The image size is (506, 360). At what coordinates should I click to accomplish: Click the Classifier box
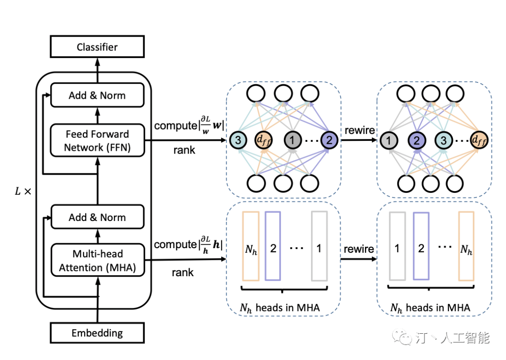[97, 47]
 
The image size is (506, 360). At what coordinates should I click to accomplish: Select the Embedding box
[97, 332]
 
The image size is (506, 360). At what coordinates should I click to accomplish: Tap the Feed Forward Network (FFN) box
[97, 140]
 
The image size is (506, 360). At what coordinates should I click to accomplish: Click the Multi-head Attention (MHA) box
[97, 260]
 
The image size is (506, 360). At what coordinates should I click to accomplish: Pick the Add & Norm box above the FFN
[97, 95]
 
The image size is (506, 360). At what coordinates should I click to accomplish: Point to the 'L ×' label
[23, 191]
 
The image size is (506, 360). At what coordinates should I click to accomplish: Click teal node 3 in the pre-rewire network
[238, 140]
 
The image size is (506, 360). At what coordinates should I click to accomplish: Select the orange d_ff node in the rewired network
[479, 140]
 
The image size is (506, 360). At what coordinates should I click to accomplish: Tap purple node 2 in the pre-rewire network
[329, 140]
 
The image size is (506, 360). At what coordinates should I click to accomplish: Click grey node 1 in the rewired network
[388, 140]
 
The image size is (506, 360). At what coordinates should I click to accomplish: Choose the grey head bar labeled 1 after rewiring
[397, 246]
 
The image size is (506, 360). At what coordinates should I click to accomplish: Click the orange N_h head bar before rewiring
[251, 246]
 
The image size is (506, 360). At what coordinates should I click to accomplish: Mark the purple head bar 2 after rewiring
[421, 246]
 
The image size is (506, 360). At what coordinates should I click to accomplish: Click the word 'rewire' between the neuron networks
[359, 130]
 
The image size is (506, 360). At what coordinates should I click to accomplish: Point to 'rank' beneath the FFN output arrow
[184, 150]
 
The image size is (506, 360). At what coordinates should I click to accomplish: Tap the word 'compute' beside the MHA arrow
[175, 244]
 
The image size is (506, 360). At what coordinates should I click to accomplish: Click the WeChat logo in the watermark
[402, 337]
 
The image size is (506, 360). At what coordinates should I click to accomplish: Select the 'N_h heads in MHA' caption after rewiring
[430, 308]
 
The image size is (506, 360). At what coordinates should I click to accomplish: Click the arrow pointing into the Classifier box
[97, 70]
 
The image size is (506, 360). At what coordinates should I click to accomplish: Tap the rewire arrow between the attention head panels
[358, 259]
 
